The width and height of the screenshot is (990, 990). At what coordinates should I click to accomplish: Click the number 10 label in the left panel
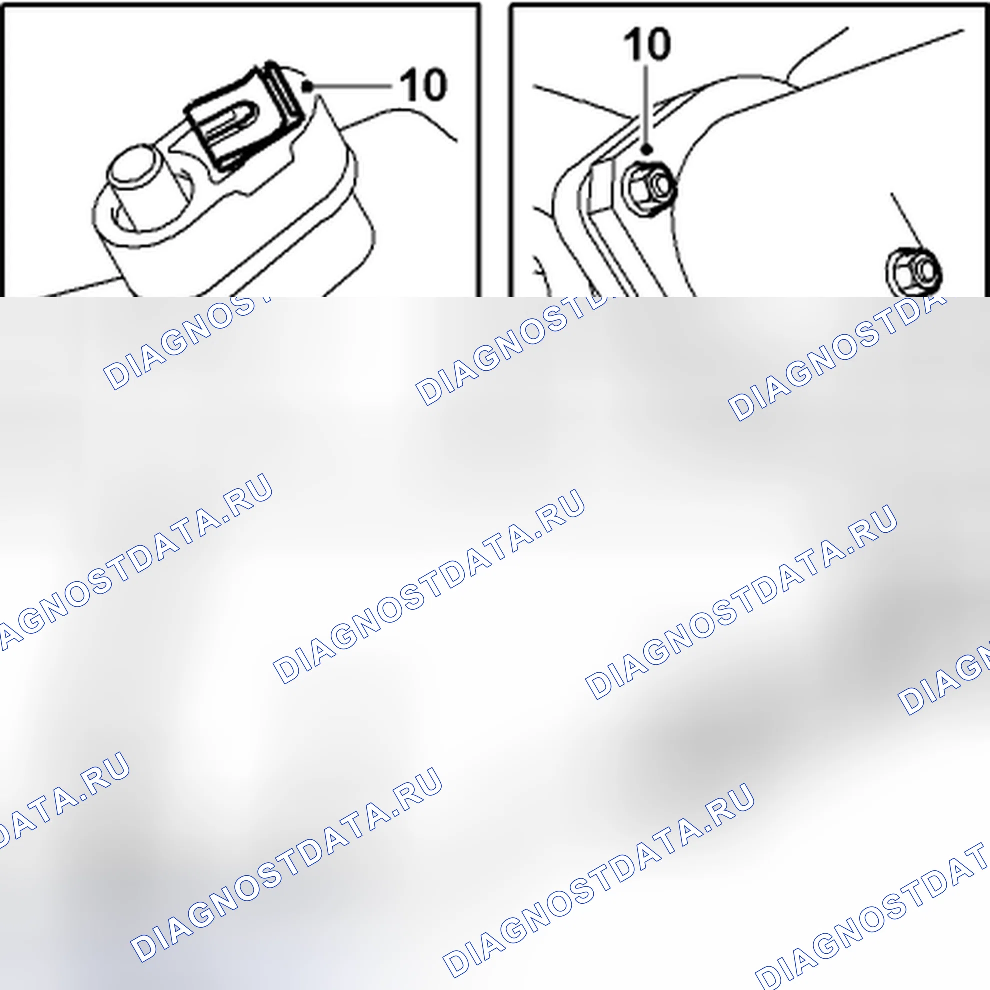pos(424,85)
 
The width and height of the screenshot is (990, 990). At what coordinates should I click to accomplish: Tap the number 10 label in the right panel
pos(647,44)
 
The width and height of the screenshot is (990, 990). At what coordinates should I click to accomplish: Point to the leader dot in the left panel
pos(307,87)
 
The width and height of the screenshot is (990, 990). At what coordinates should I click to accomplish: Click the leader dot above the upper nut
pos(647,149)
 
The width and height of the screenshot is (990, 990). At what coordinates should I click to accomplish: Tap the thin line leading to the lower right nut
pos(909,222)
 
